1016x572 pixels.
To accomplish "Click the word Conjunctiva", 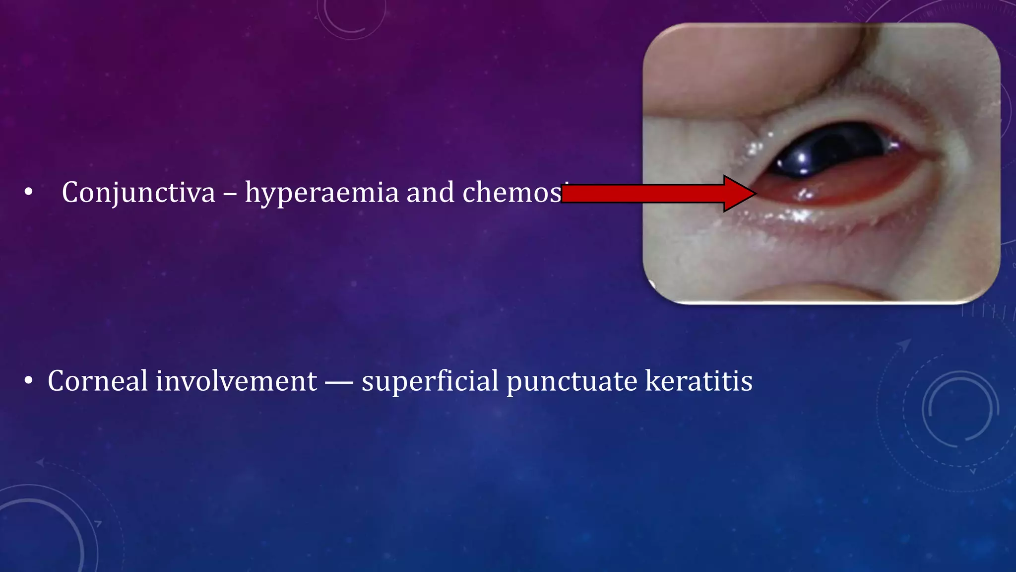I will click(138, 192).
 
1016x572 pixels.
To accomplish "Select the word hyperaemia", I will click(321, 192).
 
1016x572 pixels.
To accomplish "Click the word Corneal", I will click(97, 381).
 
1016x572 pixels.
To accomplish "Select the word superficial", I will click(430, 381).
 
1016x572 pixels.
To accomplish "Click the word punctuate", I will click(571, 381).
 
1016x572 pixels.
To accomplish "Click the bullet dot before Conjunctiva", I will click(28, 192).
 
